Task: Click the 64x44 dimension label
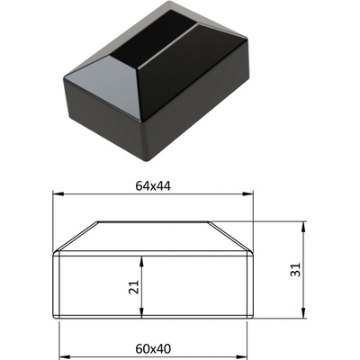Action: point(153,186)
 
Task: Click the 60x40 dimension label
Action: point(153,349)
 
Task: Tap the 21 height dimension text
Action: point(134,287)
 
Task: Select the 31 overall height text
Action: point(296,270)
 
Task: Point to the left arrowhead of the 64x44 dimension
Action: point(58,194)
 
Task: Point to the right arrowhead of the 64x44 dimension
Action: point(247,194)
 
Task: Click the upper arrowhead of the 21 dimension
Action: point(141,261)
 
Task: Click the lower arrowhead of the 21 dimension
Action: point(141,312)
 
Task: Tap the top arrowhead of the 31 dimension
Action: point(303,227)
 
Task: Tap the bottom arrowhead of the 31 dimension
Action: point(303,312)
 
